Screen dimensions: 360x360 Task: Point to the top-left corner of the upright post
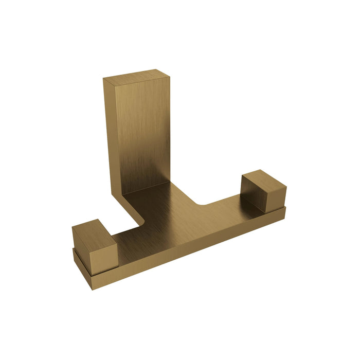click(103, 78)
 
